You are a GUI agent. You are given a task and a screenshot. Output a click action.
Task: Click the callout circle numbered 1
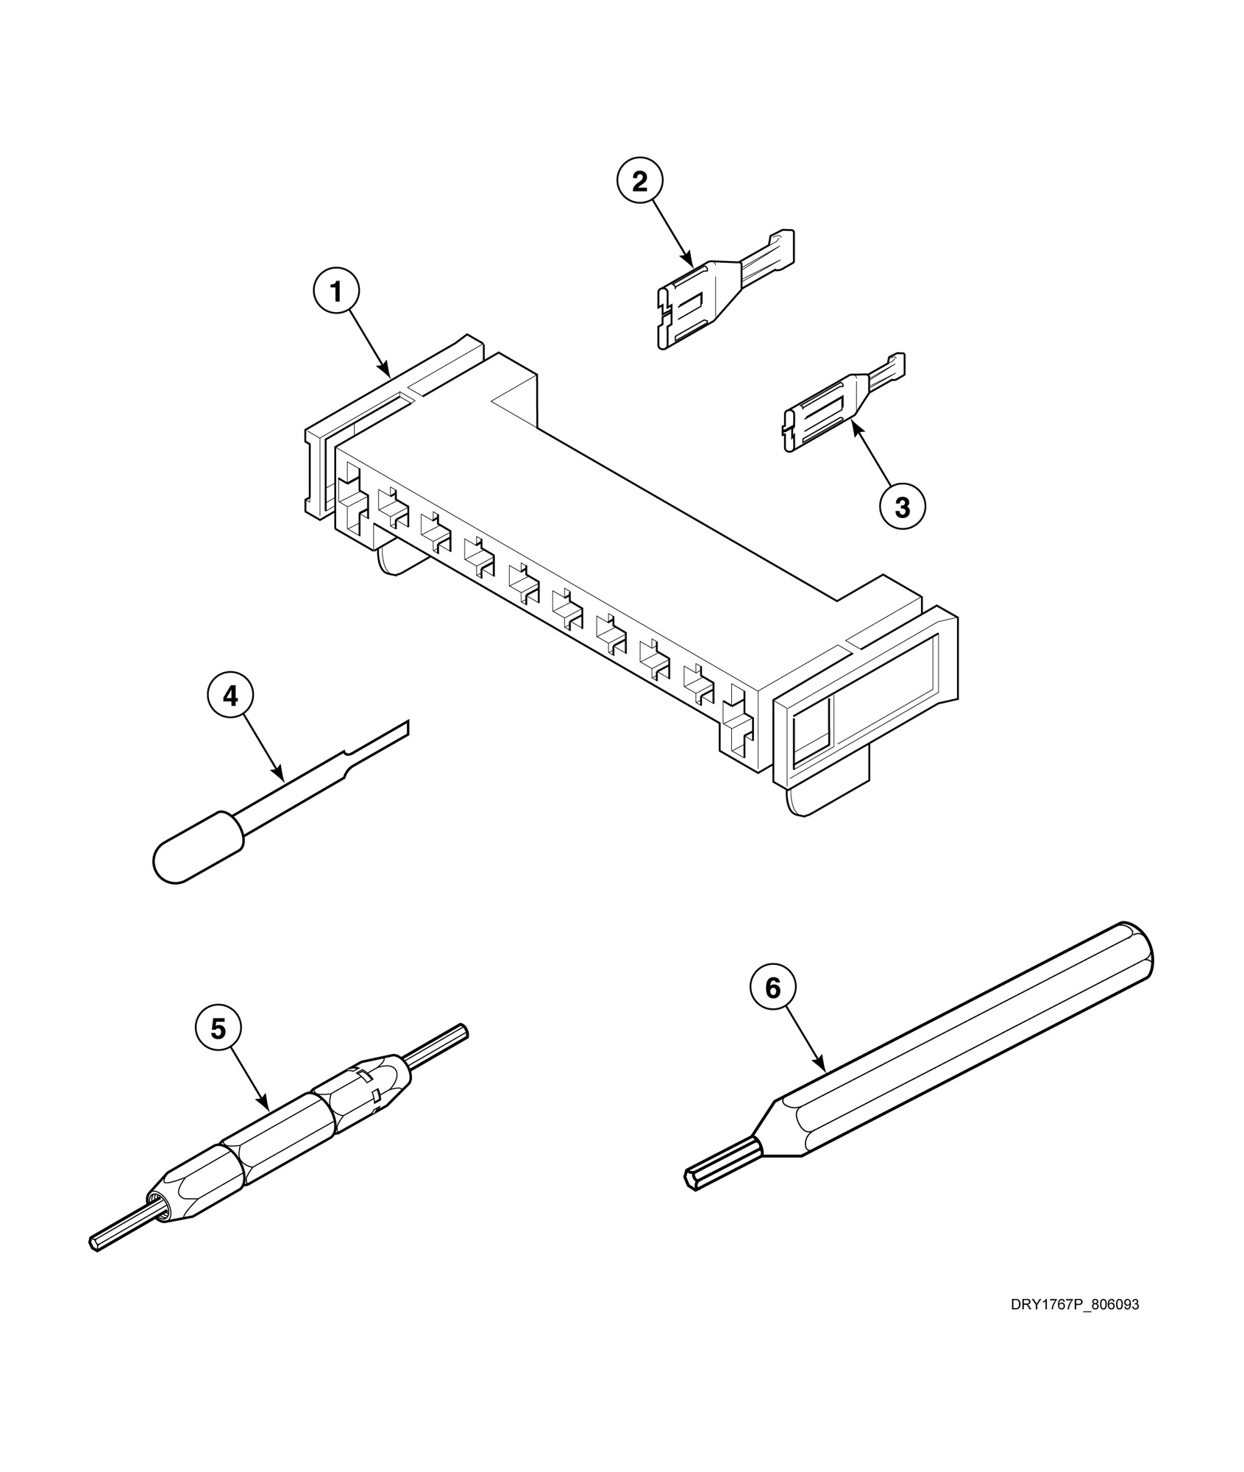tap(336, 292)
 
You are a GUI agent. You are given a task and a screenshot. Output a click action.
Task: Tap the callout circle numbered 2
tap(640, 181)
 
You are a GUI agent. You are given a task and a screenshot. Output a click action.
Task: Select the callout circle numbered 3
tap(902, 507)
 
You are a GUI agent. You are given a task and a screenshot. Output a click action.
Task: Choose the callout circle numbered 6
tap(772, 988)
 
